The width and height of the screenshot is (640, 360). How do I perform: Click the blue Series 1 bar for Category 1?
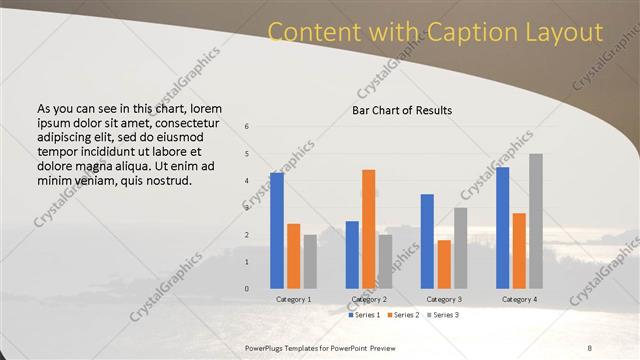tap(276, 231)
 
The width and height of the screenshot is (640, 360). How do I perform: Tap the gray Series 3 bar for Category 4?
tap(535, 221)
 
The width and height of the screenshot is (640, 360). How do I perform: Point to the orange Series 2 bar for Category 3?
tap(444, 264)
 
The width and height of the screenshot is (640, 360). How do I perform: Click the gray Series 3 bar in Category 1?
tap(310, 262)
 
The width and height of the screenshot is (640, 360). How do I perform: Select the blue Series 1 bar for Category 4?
tap(502, 228)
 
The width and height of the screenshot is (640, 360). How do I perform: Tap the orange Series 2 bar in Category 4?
tap(519, 251)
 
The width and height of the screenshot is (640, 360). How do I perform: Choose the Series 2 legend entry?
tap(402, 315)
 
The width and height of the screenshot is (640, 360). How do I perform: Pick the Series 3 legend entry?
tap(442, 315)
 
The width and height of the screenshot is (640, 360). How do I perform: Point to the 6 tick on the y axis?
tap(247, 127)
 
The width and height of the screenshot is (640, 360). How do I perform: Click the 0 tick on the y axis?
tap(247, 289)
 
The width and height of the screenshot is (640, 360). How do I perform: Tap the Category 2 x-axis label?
tap(368, 299)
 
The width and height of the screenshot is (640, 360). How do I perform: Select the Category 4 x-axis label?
tap(518, 299)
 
